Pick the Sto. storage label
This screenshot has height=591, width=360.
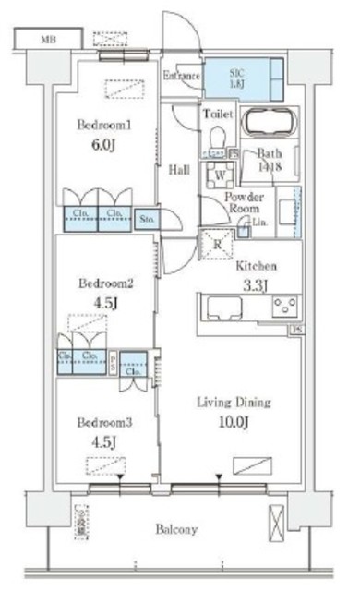(147, 220)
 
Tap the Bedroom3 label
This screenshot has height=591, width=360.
(104, 422)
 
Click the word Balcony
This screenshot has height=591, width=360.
(176, 529)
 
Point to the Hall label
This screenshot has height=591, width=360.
(179, 169)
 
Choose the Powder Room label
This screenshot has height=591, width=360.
(246, 204)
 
